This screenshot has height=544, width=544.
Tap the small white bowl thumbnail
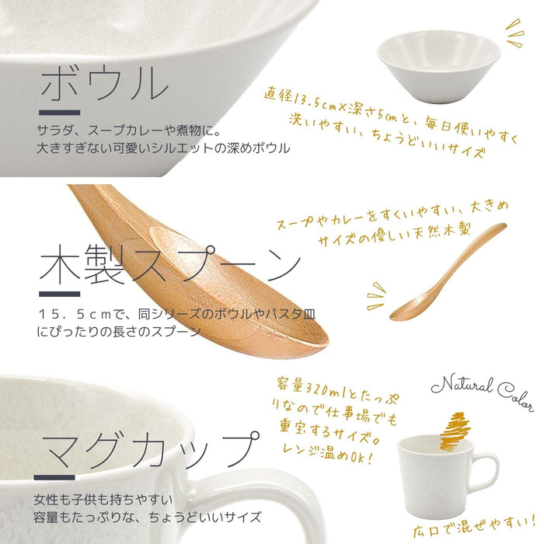click(438, 61)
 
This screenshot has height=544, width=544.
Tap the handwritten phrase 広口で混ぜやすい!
click(475, 525)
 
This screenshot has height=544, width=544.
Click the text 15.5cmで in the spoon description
click(78, 316)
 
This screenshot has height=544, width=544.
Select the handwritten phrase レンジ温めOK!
click(326, 458)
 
